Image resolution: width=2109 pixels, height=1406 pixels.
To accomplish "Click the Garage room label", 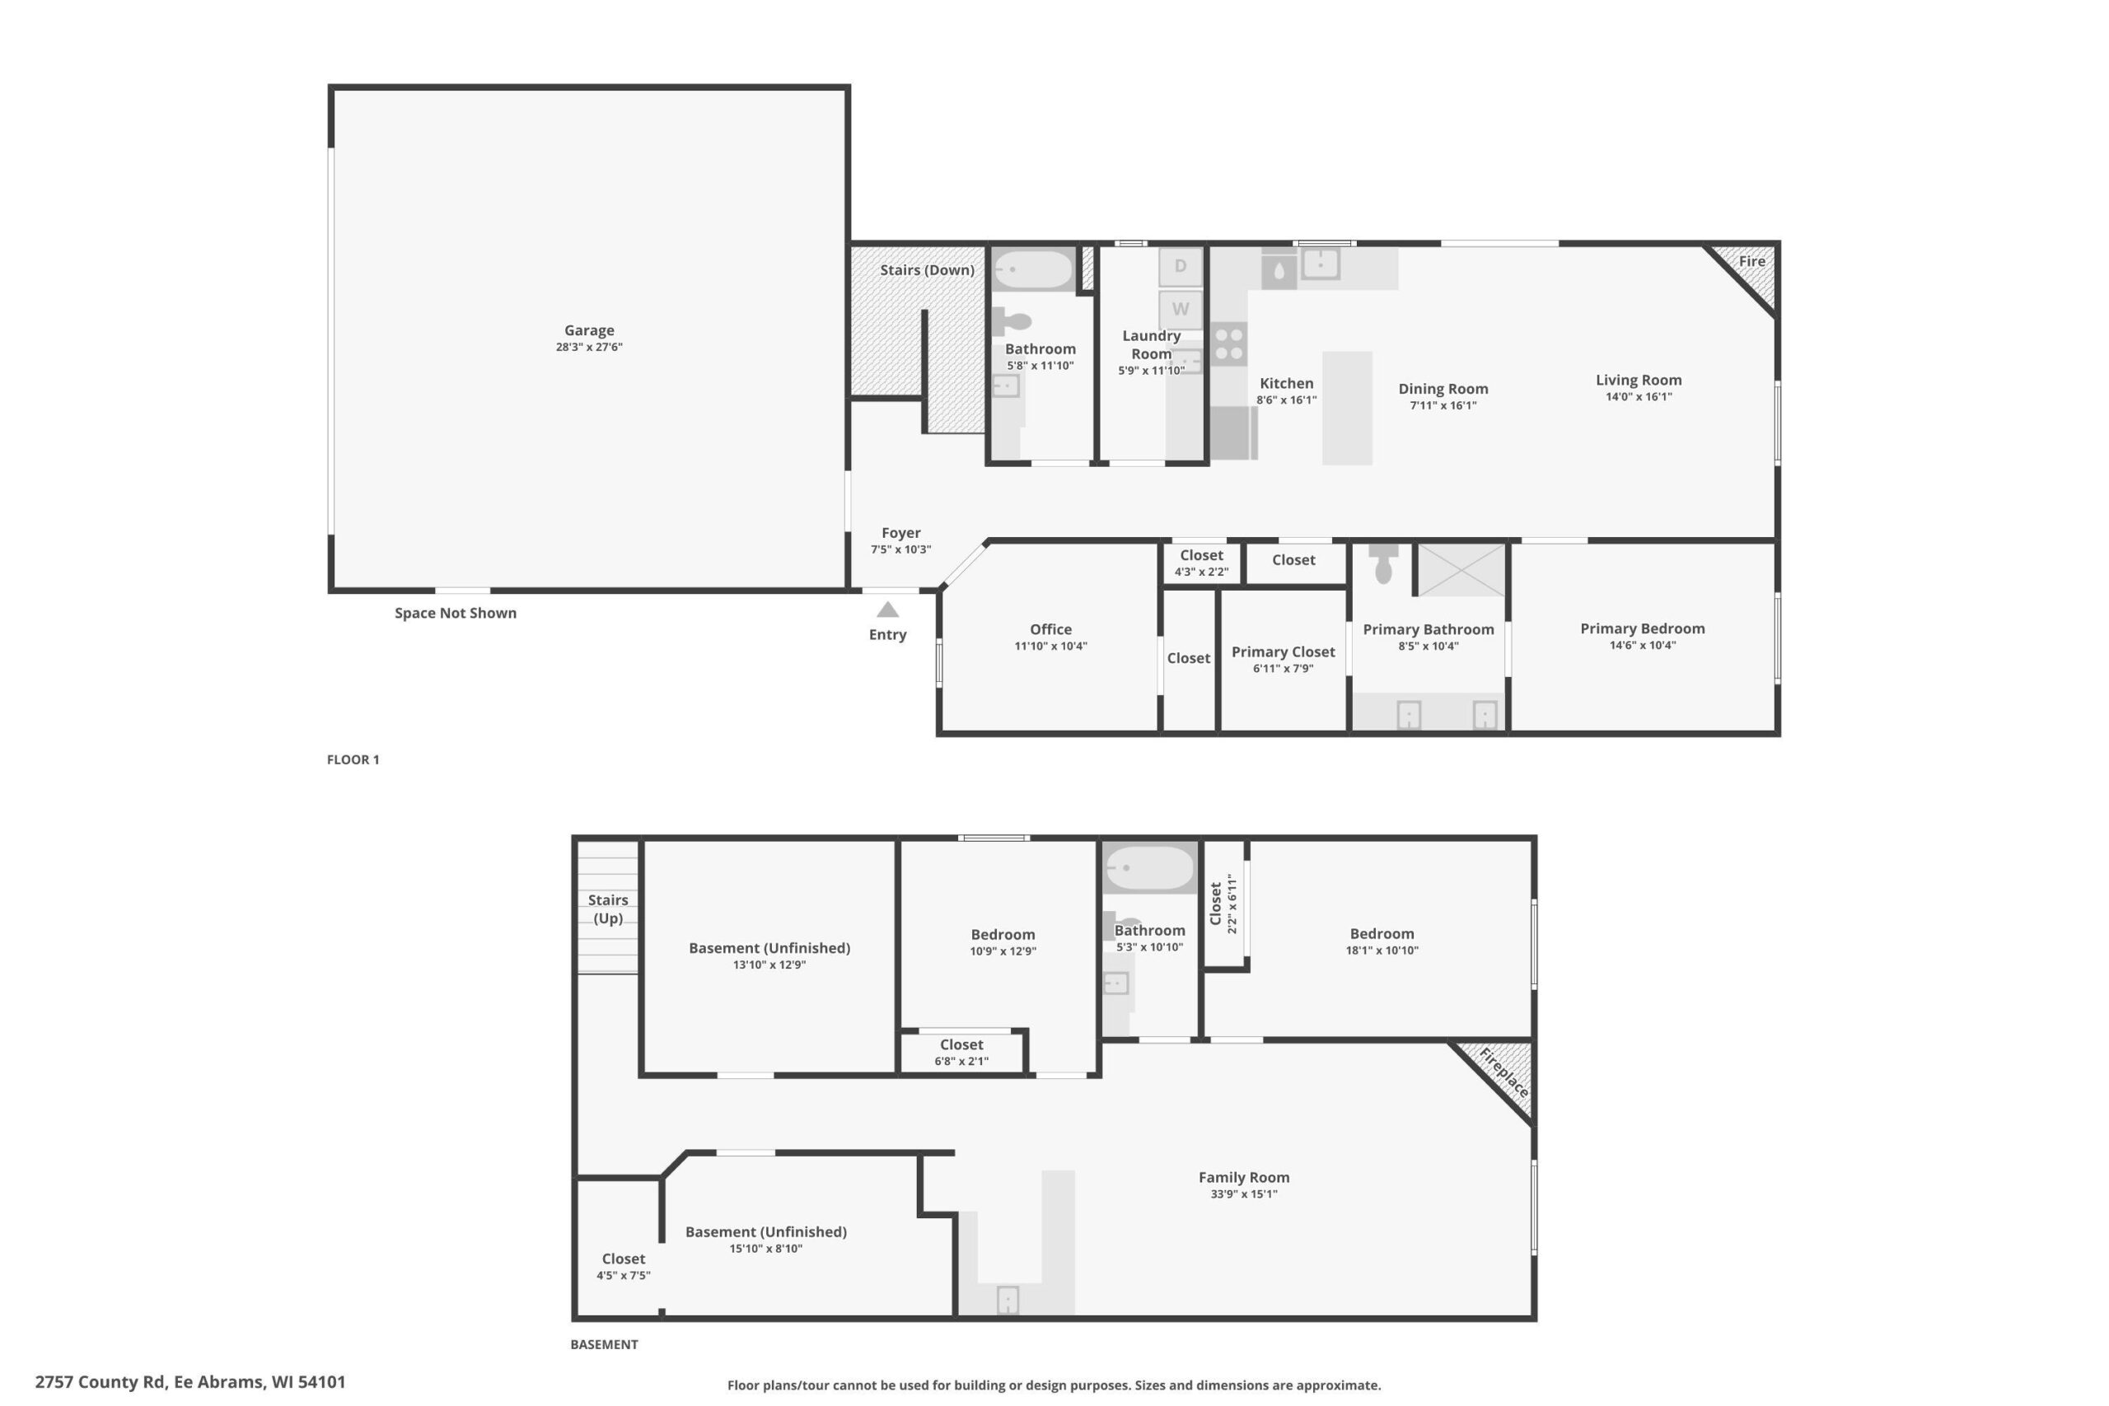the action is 589,330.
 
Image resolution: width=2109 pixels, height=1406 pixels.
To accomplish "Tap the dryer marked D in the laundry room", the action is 1180,266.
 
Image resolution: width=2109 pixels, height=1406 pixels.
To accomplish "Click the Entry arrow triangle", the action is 888,610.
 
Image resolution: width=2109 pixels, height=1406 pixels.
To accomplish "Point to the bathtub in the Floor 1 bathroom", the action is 1033,269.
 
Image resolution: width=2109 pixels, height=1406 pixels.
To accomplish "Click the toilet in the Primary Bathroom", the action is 1383,563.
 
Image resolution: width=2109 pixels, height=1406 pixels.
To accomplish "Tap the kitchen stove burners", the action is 1228,344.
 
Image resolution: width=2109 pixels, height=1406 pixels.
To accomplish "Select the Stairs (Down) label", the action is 927,270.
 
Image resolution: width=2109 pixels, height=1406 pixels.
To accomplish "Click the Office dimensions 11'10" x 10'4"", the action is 1051,647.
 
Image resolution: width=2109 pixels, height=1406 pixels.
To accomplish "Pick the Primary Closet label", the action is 1284,652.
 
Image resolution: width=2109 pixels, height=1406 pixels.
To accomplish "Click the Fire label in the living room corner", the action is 1752,261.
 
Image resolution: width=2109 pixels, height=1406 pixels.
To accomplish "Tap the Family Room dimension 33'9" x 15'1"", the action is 1244,1194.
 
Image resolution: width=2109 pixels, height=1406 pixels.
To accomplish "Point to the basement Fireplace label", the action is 1503,1072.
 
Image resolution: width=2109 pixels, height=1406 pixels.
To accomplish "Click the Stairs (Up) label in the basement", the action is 608,909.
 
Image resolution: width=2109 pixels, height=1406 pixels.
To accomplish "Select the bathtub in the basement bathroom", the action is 1149,868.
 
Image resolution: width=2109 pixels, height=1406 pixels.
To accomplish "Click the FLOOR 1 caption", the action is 353,759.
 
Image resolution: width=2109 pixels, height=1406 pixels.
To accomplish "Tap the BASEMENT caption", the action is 605,1344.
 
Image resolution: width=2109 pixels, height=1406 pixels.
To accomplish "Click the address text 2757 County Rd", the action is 101,1382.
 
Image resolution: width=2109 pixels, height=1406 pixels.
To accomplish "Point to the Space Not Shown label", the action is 456,614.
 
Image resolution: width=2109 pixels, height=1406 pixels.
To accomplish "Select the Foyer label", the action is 901,533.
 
